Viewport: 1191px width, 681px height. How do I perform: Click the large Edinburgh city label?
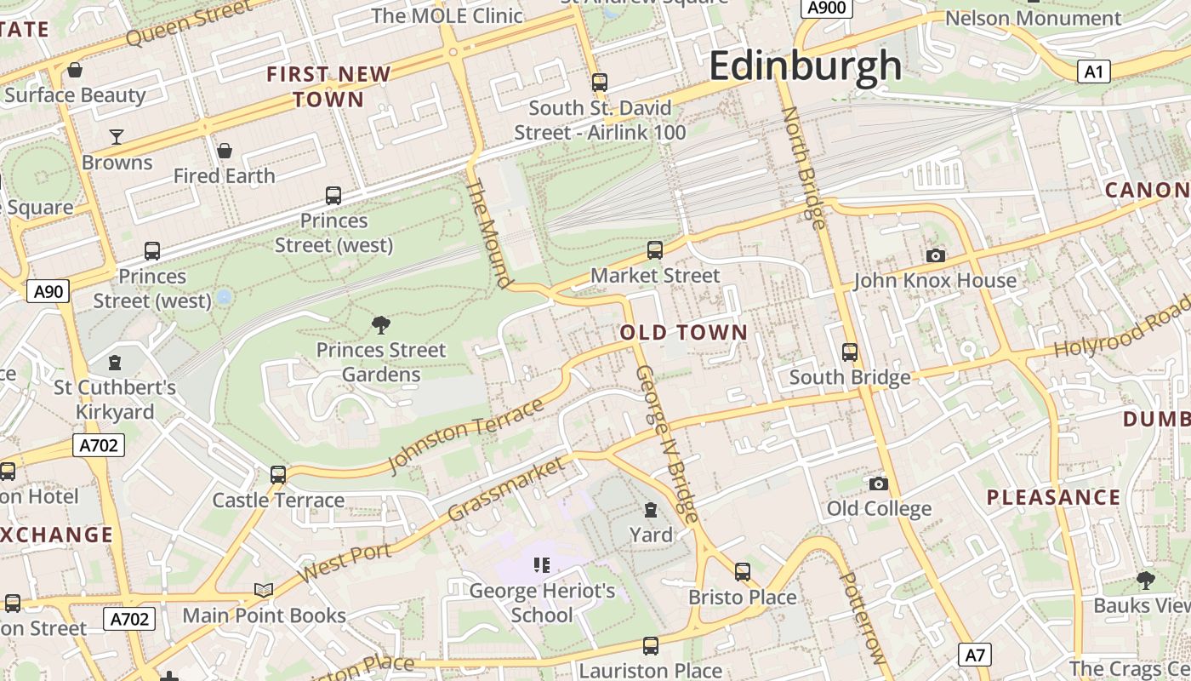(804, 66)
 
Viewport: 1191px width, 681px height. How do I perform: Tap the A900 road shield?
(825, 8)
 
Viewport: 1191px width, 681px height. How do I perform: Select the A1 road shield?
(1093, 72)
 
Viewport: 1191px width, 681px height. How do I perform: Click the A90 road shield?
(48, 292)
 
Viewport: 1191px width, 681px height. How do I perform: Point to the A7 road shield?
(975, 655)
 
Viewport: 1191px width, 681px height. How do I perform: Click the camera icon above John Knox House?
(935, 255)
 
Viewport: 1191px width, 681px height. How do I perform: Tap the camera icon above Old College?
(879, 484)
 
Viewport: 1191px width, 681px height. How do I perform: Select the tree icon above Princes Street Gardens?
(381, 324)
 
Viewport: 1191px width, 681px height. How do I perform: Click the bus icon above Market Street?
(654, 250)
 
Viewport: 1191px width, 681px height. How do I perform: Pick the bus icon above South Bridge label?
(849, 352)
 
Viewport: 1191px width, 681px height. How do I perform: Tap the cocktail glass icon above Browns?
(117, 136)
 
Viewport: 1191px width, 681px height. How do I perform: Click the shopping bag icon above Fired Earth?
(225, 151)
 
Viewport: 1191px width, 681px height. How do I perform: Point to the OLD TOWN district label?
(684, 333)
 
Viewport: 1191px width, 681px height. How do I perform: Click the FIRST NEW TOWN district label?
(328, 87)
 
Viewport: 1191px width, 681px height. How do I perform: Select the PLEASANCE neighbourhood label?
(1053, 497)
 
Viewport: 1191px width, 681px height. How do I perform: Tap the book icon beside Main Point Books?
(264, 590)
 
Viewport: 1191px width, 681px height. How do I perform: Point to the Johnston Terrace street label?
(465, 435)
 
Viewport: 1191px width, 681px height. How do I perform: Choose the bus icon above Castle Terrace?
(278, 474)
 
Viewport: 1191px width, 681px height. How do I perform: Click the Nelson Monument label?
(1033, 18)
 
